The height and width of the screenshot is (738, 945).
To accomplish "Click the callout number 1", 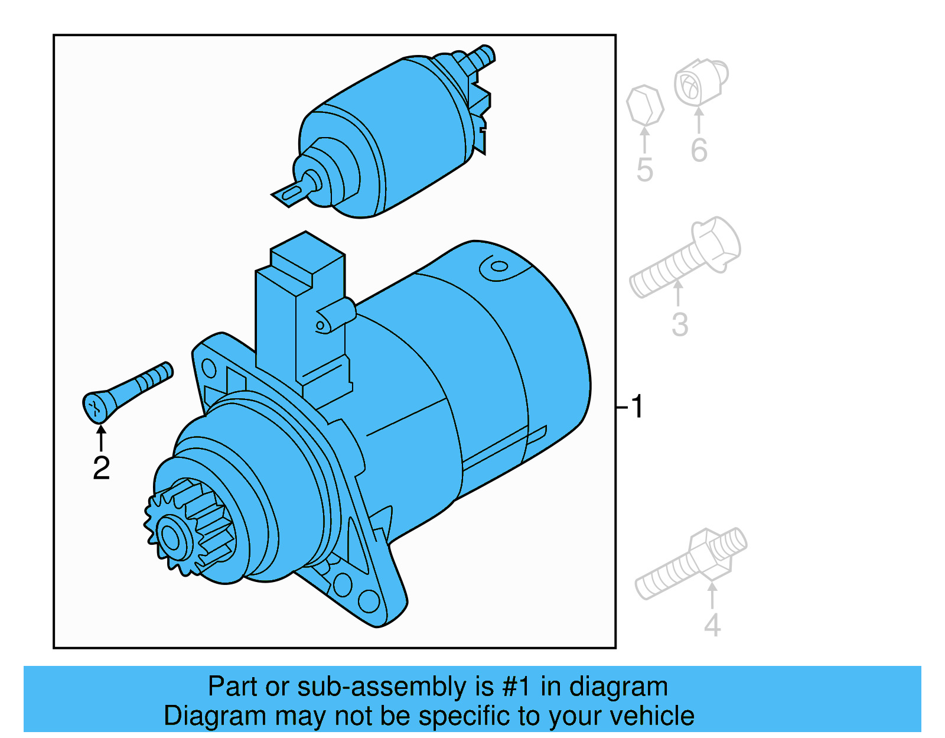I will (x=636, y=407).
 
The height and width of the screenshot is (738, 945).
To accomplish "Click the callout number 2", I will (x=101, y=468).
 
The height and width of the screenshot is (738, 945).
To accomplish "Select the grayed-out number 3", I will (x=680, y=324).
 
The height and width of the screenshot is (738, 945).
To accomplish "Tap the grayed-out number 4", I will (x=712, y=625).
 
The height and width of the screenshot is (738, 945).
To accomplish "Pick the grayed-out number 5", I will (x=644, y=170).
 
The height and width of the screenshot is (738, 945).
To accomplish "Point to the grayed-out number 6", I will (x=699, y=150).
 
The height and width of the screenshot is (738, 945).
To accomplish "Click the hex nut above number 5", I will (x=644, y=106).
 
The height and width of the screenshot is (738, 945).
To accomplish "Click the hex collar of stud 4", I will (x=708, y=552).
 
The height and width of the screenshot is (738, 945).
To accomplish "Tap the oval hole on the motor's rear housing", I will (x=499, y=266).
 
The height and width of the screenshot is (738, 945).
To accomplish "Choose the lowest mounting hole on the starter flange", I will (x=369, y=601).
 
